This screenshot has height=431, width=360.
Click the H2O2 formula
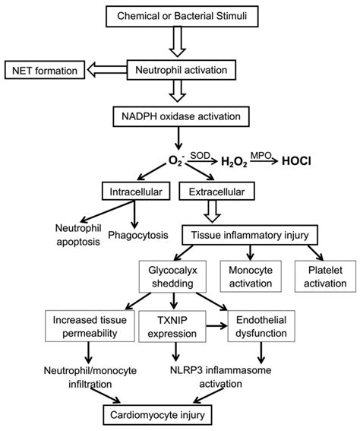[238, 163]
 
